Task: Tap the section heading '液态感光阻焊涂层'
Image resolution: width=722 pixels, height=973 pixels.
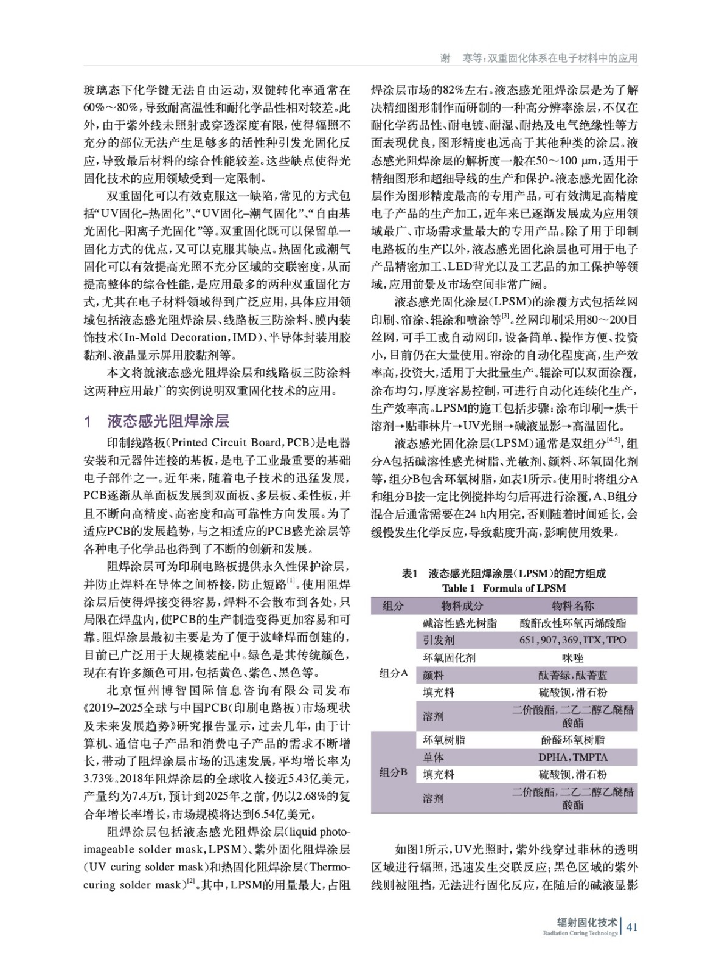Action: (168, 421)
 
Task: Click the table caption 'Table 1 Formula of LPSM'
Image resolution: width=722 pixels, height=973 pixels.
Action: (504, 588)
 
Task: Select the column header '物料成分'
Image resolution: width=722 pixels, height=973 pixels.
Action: (462, 606)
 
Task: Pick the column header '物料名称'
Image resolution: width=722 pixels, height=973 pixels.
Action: (572, 606)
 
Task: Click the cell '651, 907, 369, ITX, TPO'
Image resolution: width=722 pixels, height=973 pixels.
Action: (572, 640)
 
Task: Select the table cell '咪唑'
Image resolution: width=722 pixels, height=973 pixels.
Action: (572, 658)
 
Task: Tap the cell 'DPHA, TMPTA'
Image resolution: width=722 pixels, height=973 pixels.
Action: (572, 757)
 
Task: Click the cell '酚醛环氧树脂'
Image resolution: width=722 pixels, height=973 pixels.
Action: (572, 740)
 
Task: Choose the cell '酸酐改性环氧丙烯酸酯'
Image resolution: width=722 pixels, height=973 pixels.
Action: (572, 623)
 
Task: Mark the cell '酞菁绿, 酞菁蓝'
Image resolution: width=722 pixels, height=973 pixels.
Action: (572, 675)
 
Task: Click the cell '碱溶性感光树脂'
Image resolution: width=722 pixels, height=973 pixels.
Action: (460, 623)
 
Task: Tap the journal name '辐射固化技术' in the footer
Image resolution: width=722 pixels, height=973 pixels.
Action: (587, 923)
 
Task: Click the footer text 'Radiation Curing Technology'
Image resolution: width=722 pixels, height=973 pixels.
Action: (580, 933)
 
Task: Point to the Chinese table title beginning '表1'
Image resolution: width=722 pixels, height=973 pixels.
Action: (504, 573)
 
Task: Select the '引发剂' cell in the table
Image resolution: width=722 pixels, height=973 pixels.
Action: (439, 640)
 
